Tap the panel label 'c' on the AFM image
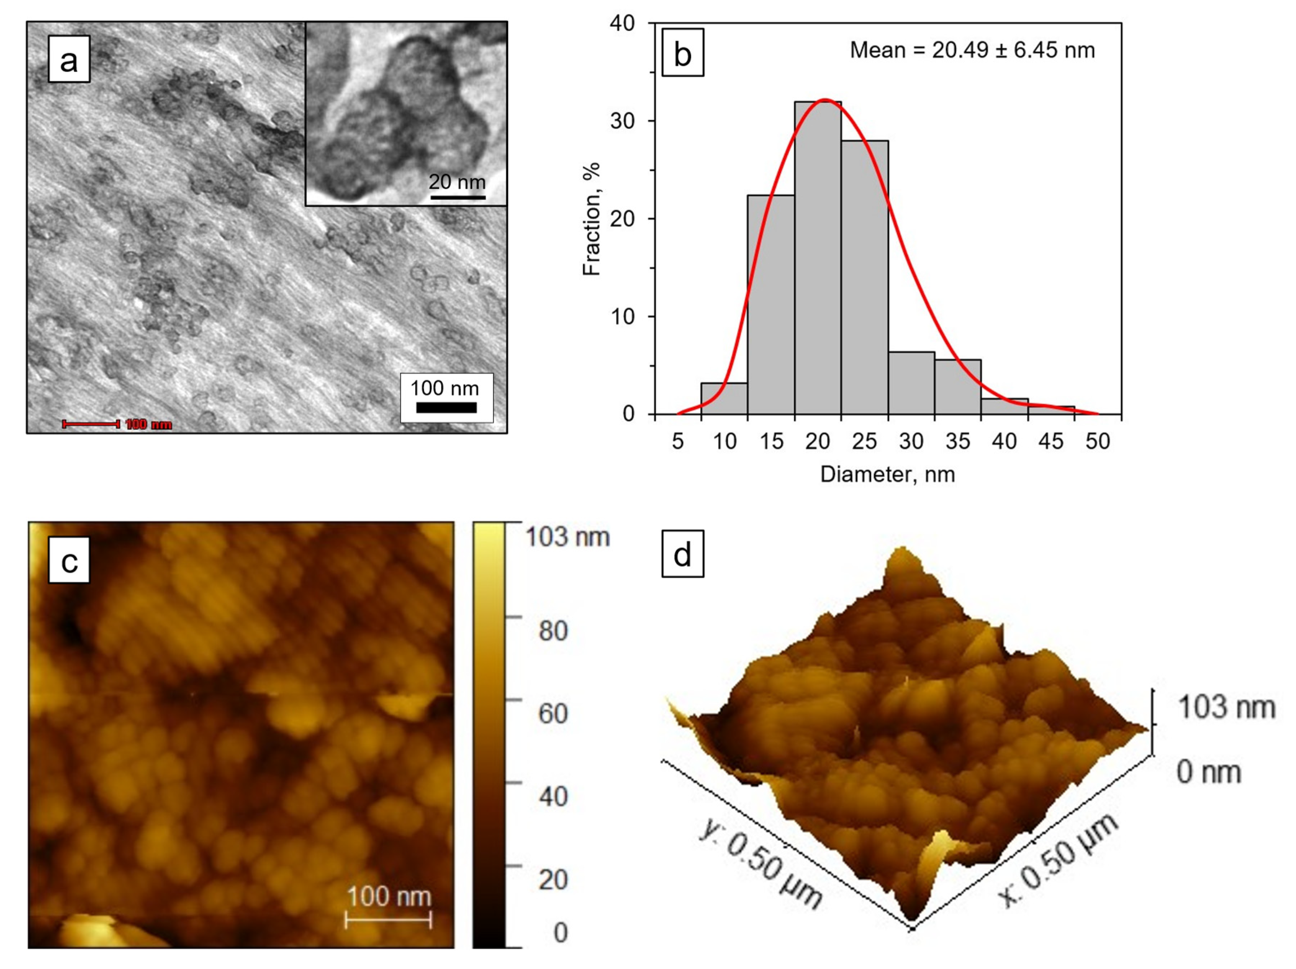(69, 560)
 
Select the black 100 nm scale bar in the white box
(446, 407)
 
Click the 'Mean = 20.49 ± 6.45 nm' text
(972, 50)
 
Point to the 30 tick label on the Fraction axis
(622, 121)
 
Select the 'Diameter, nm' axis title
(887, 474)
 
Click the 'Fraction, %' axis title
(592, 218)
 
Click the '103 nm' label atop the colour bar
(567, 537)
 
